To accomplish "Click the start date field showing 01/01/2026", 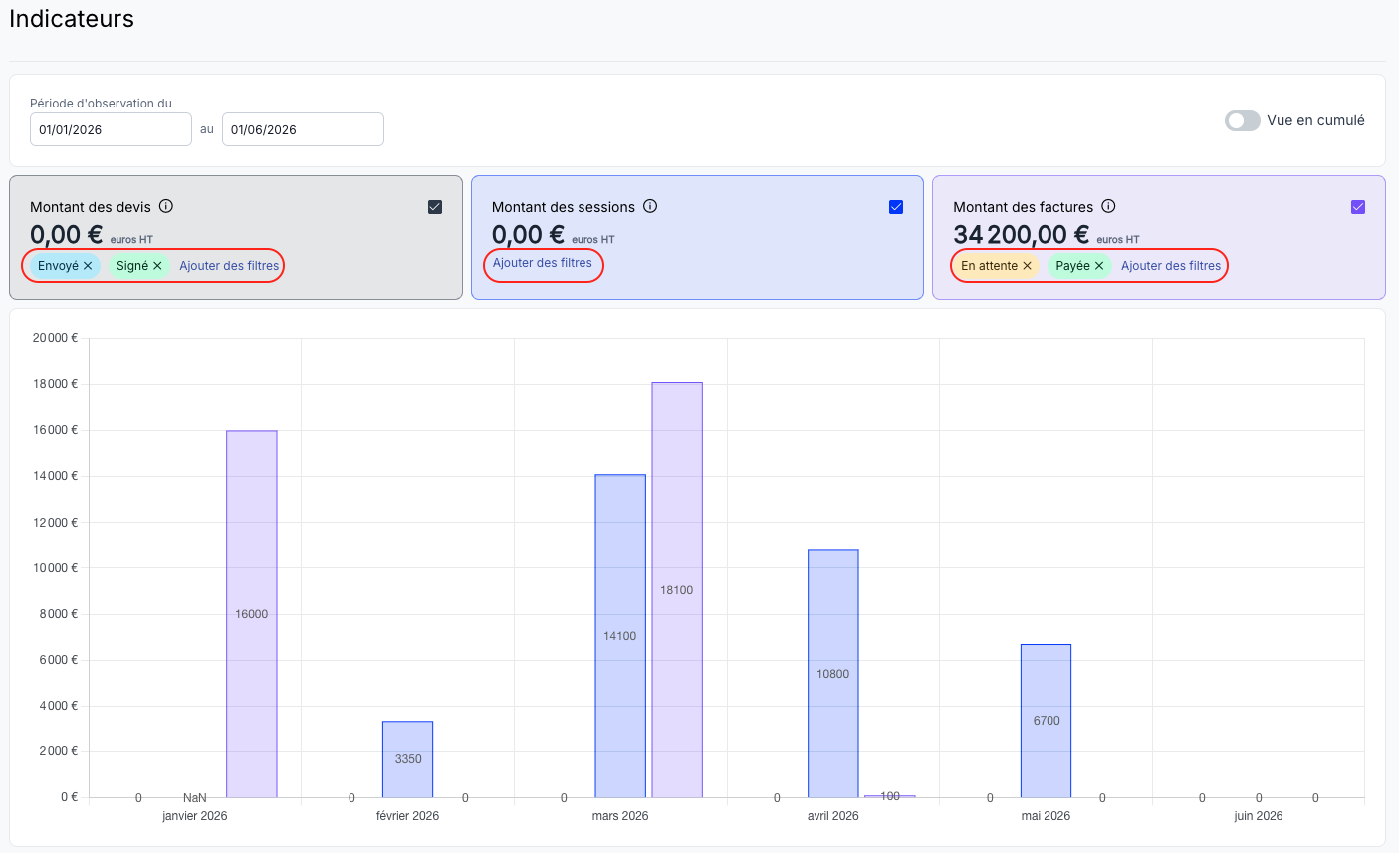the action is [x=111, y=129].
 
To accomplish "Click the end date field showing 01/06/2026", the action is [x=303, y=129].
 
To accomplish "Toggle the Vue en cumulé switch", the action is [x=1243, y=120].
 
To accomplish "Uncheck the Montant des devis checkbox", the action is [x=435, y=207].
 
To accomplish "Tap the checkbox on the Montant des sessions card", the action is [x=896, y=207].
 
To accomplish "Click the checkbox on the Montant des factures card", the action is [x=1358, y=207].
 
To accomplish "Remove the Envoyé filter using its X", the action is [x=88, y=266].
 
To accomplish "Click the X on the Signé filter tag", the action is [x=157, y=266].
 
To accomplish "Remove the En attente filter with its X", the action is [x=1027, y=266].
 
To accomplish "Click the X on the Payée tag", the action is [x=1099, y=266].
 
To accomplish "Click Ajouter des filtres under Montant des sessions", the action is [x=542, y=263].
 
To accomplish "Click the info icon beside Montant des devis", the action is [x=166, y=206].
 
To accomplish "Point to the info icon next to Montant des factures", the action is [x=1108, y=206].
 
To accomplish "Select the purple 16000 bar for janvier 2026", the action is [x=252, y=614].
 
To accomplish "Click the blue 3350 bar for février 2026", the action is [x=408, y=758].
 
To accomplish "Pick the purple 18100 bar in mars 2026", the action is [x=677, y=589].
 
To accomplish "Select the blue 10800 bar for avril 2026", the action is [x=833, y=673].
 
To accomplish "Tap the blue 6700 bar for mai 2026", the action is [x=1047, y=721].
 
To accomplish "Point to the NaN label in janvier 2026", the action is [x=195, y=797].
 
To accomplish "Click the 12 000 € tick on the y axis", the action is [x=55, y=522].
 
